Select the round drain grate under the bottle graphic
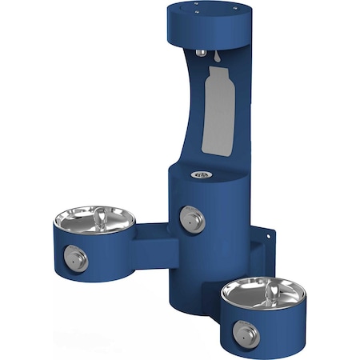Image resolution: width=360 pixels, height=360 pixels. [199, 174]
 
